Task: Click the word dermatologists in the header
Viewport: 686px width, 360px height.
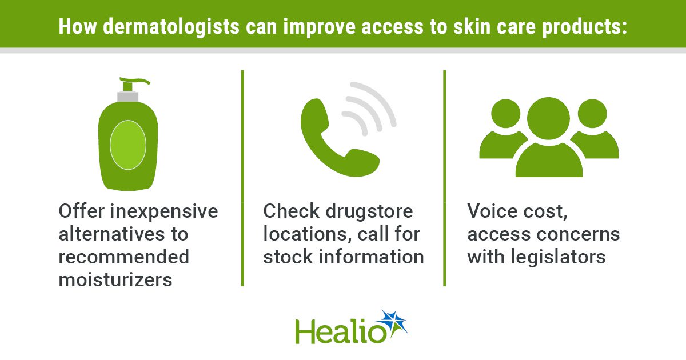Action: click(x=171, y=27)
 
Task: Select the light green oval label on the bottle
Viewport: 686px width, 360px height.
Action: click(x=128, y=145)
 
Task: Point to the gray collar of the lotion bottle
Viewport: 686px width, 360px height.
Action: click(x=127, y=97)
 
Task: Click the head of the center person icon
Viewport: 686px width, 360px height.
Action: click(x=548, y=118)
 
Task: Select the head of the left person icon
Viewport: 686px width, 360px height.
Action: click(x=505, y=113)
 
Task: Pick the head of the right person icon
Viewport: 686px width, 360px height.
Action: click(x=592, y=113)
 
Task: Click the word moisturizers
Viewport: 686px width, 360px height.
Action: click(x=115, y=280)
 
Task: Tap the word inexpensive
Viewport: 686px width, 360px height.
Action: click(x=164, y=212)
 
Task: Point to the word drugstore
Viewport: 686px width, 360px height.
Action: click(x=369, y=211)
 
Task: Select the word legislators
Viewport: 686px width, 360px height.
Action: click(x=558, y=257)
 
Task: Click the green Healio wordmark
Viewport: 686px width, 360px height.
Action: click(x=341, y=332)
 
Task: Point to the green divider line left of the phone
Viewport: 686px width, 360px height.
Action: click(x=242, y=178)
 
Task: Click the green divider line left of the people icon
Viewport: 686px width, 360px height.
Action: click(x=444, y=178)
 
